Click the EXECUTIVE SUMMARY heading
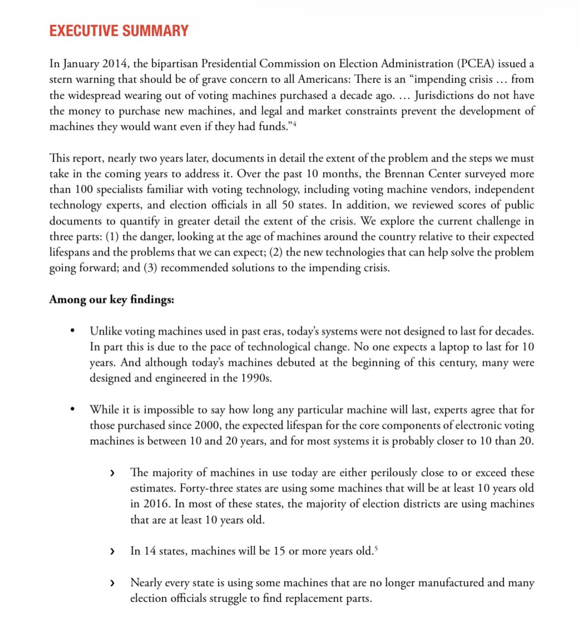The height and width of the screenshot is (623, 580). [119, 31]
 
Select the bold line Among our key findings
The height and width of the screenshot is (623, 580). [112, 300]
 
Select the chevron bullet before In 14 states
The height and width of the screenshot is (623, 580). [113, 551]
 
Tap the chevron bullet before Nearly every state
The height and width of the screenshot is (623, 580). [113, 583]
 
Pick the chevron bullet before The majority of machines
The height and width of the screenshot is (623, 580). [113, 473]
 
